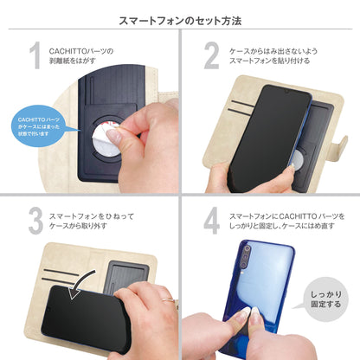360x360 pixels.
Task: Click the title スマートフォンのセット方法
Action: click(x=179, y=18)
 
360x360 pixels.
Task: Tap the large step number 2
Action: click(x=211, y=56)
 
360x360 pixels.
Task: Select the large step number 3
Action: click(x=35, y=220)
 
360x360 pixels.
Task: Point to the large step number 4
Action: click(x=211, y=220)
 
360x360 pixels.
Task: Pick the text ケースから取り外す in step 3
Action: click(x=77, y=226)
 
